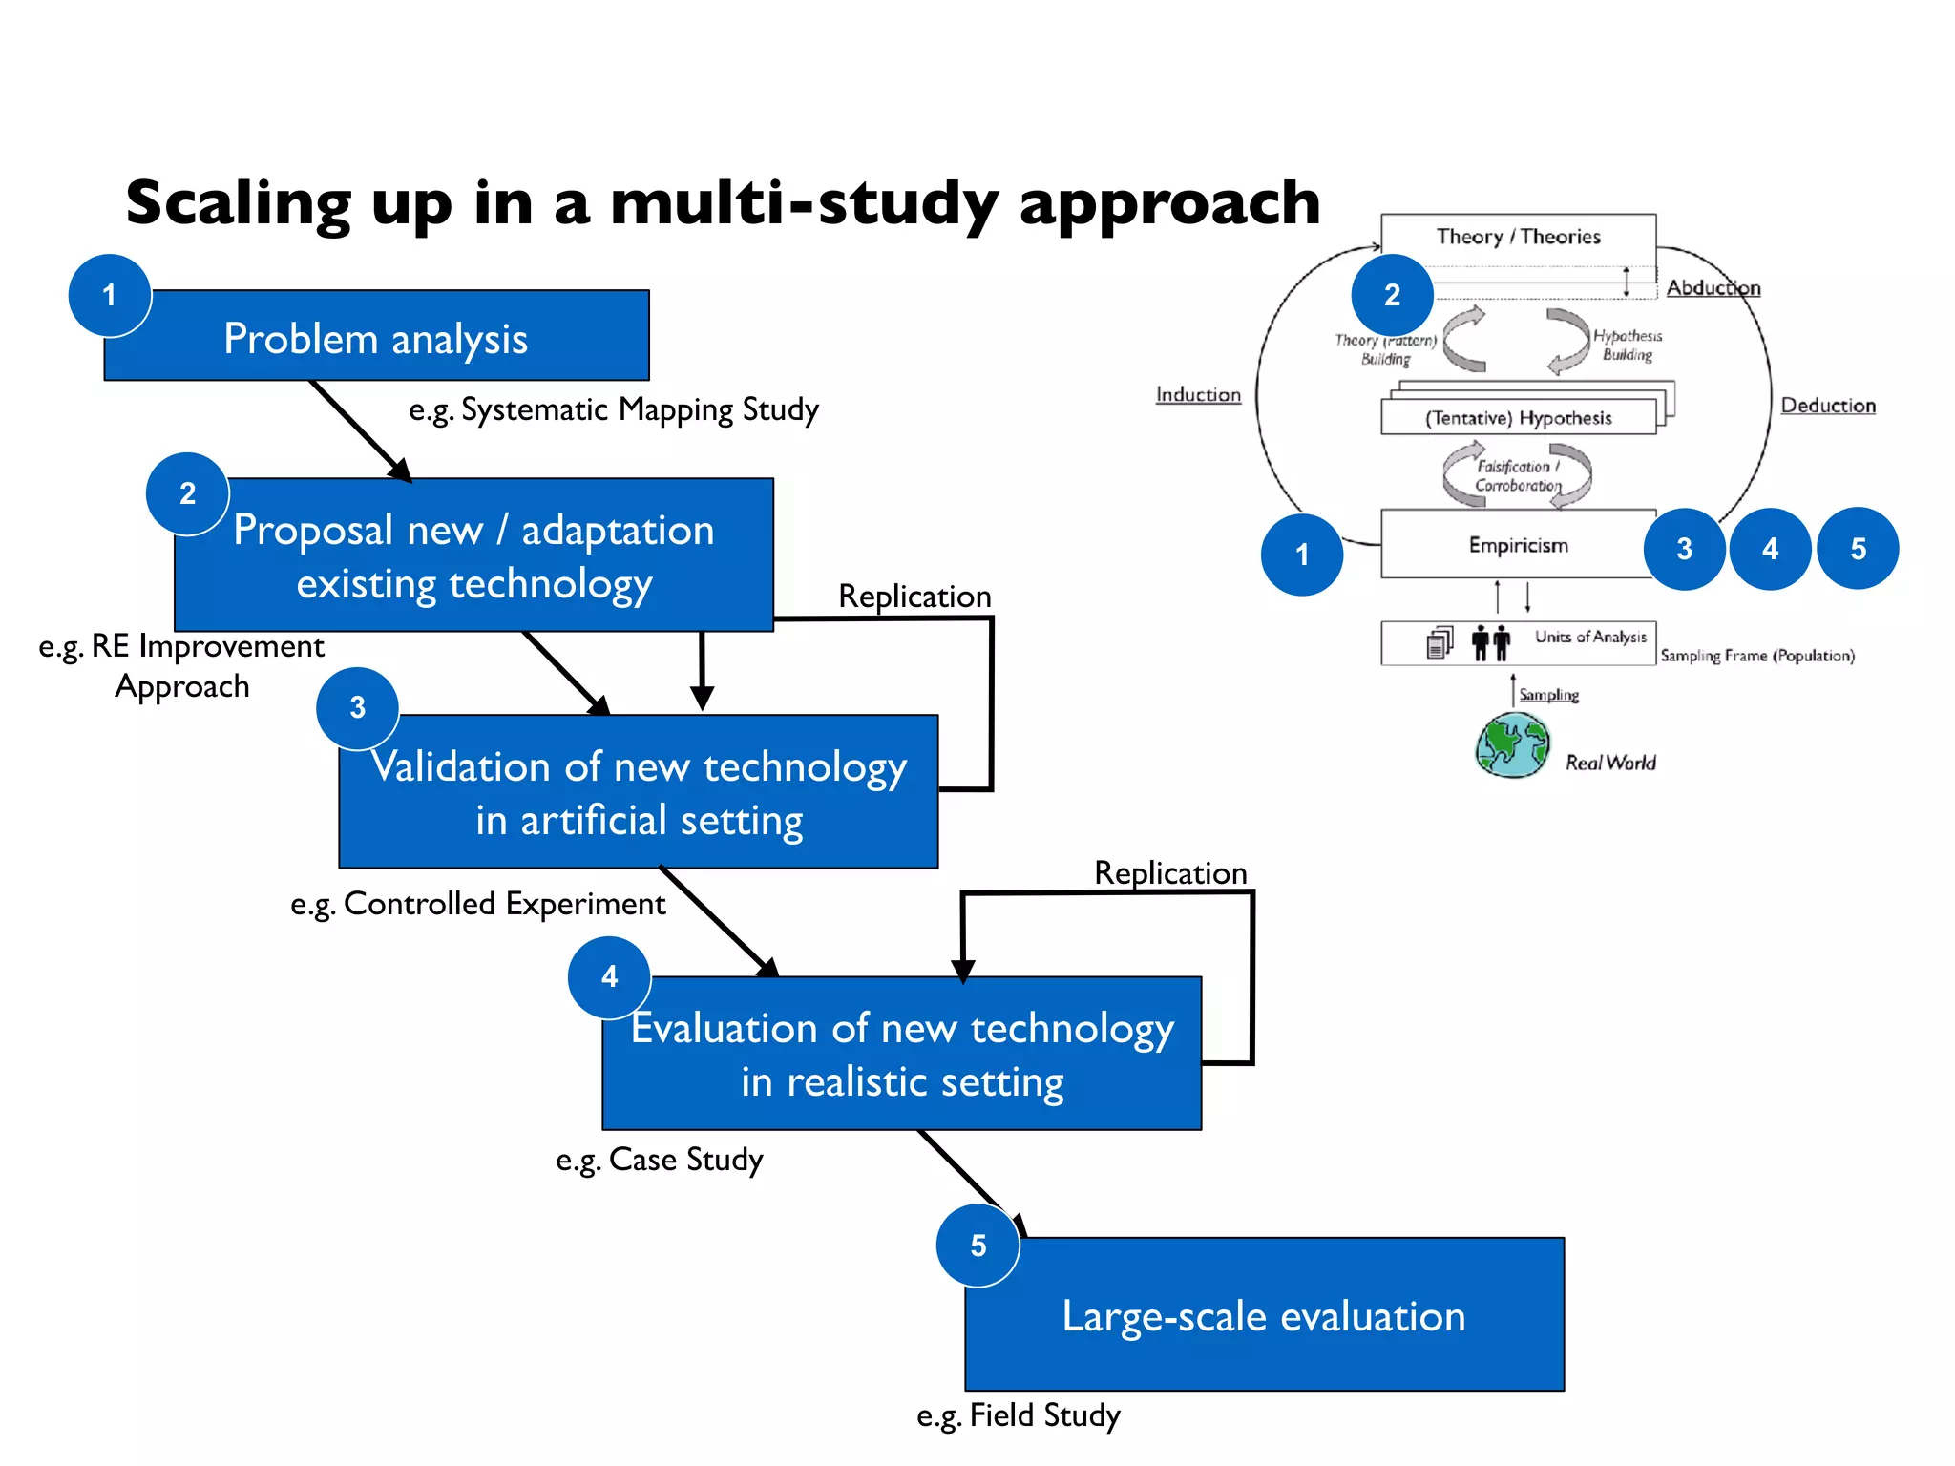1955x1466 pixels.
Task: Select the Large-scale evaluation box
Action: click(x=1264, y=1315)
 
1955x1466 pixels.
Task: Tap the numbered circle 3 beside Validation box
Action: click(x=357, y=707)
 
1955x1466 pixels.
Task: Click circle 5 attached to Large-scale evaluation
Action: click(x=977, y=1246)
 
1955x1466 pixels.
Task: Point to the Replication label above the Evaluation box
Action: click(x=1170, y=872)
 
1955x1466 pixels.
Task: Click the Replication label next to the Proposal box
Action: click(x=914, y=597)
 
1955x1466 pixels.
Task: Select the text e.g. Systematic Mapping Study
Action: click(x=614, y=410)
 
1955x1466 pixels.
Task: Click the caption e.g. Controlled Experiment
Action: click(x=477, y=904)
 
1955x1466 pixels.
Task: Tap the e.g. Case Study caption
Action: click(x=660, y=1160)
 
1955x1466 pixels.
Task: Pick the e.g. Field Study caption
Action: click(x=1019, y=1415)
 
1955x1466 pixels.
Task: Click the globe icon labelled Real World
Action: click(x=1512, y=745)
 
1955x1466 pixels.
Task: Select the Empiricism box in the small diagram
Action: click(x=1518, y=545)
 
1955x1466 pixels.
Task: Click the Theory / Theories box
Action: click(x=1518, y=237)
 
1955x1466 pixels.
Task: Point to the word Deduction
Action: click(x=1828, y=406)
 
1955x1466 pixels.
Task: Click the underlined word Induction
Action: click(x=1198, y=395)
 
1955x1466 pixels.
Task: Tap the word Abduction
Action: click(x=1713, y=288)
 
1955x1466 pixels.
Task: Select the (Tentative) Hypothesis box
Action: click(x=1518, y=418)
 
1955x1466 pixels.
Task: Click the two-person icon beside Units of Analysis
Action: click(x=1490, y=642)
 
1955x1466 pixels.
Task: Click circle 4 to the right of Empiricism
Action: click(x=1770, y=549)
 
